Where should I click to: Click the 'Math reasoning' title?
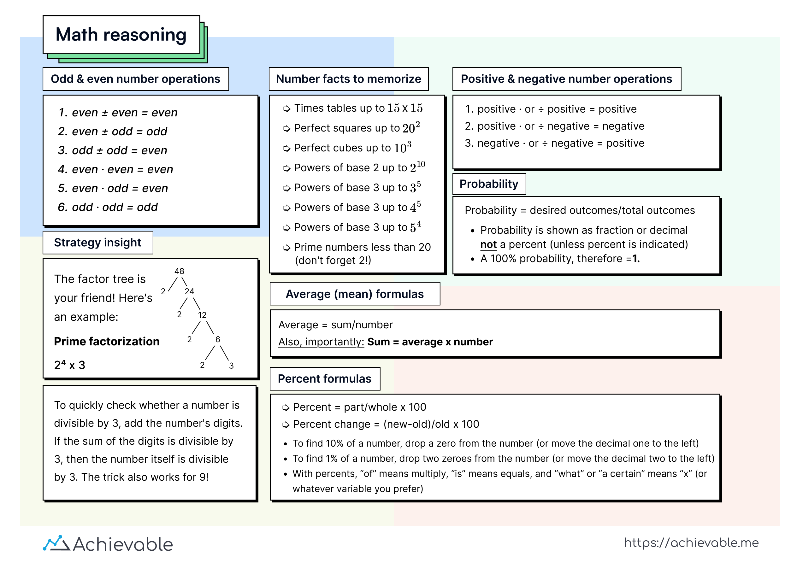coord(121,35)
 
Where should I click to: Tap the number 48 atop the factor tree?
coord(179,271)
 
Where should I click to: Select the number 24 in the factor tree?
coord(189,291)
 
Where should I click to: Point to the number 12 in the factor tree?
coord(202,315)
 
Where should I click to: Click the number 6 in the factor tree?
coord(218,339)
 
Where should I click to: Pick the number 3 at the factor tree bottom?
coord(231,366)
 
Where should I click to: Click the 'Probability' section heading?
coord(488,184)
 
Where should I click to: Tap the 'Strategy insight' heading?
coord(97,242)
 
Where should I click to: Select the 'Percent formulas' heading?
coord(324,379)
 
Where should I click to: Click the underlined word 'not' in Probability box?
coord(488,244)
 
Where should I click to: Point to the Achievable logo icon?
coord(56,543)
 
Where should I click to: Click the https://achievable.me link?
coord(691,543)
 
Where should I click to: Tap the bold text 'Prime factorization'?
coord(107,342)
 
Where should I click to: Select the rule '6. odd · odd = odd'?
coord(108,207)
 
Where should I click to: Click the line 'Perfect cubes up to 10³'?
coord(352,148)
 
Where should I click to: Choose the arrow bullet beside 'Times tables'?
coord(287,108)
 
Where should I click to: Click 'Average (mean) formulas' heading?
coord(354,294)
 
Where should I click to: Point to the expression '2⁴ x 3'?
coord(69,365)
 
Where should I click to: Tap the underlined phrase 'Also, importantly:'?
coord(321,342)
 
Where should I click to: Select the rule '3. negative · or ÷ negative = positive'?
coord(554,143)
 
